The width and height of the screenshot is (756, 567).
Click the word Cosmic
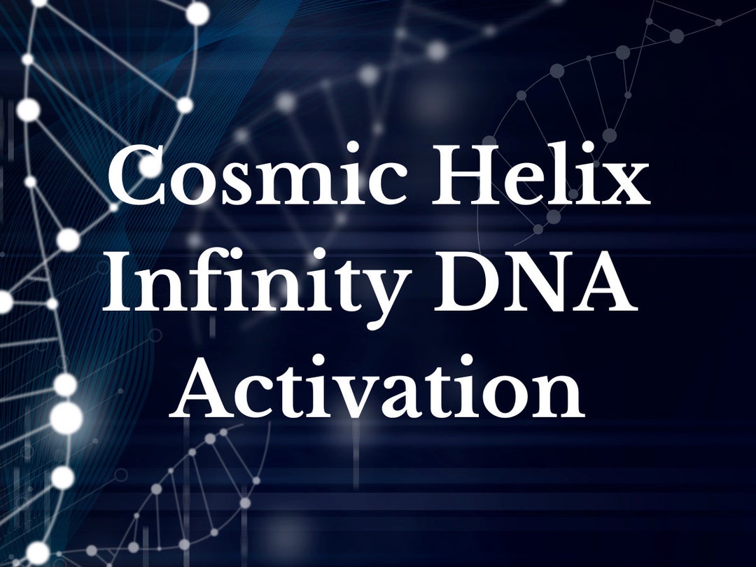point(262,177)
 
